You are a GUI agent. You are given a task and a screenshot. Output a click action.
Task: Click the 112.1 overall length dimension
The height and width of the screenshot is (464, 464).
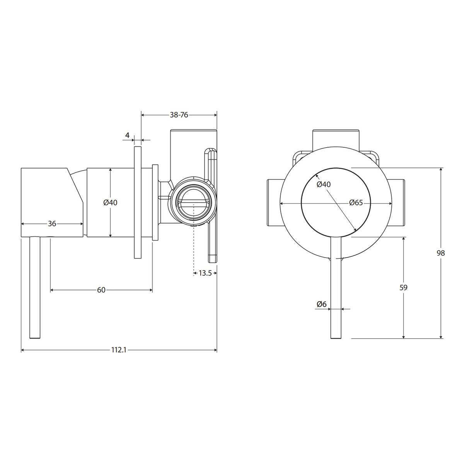(119, 350)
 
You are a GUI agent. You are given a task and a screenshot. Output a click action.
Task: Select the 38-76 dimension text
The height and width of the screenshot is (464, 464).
(179, 115)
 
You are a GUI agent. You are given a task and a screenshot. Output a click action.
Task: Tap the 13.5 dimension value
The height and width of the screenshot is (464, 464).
(205, 273)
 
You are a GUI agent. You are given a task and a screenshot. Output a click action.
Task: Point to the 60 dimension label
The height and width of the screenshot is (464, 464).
(101, 290)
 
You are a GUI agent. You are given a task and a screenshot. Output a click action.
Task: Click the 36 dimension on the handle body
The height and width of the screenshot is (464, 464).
(52, 224)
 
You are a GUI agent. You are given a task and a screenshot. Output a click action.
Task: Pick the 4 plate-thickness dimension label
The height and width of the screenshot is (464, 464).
(127, 135)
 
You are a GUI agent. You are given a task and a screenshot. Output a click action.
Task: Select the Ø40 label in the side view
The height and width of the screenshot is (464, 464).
(110, 203)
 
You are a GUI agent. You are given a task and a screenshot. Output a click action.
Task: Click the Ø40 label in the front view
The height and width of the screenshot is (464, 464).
(324, 184)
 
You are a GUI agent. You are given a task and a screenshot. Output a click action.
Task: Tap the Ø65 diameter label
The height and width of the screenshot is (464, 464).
(356, 203)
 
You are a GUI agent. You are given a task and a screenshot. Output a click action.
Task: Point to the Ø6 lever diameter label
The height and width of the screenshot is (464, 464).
(321, 304)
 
